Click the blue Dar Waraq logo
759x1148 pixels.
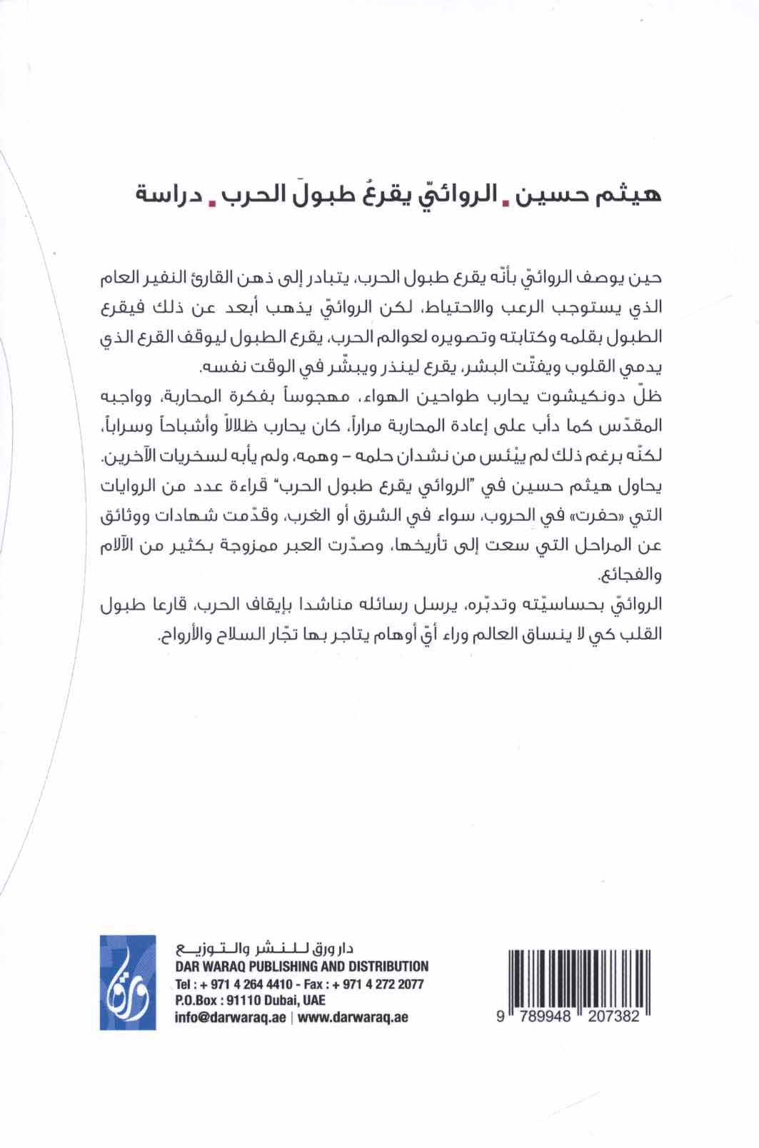tap(128, 982)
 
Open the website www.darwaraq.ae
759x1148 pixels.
tap(353, 1017)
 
